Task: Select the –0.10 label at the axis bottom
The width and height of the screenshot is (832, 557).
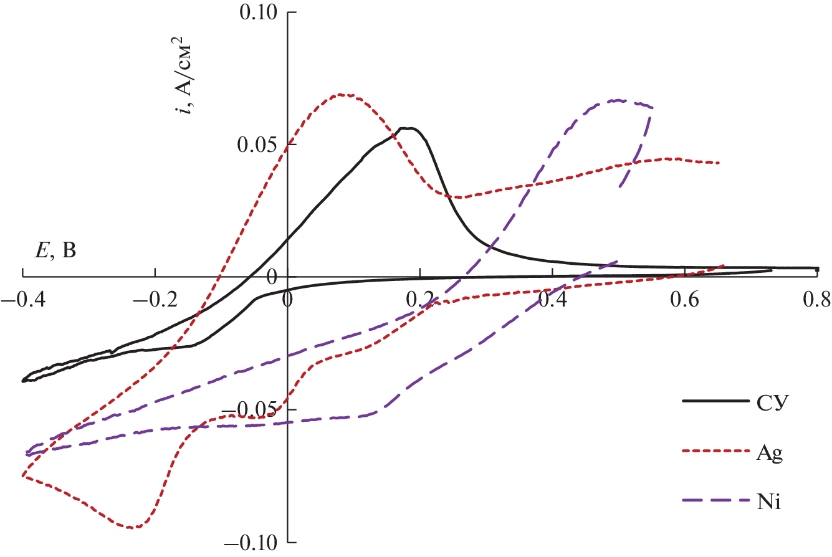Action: coord(250,543)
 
